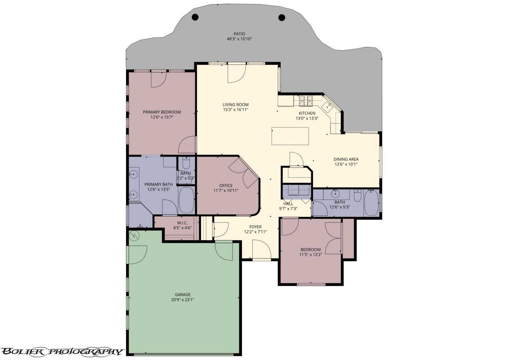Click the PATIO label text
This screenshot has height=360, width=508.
[x=239, y=34]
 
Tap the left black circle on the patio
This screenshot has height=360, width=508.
[x=196, y=17]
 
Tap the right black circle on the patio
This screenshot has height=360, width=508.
[x=282, y=17]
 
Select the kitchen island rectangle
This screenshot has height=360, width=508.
[x=290, y=136]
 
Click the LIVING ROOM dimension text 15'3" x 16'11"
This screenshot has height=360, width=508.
[x=235, y=110]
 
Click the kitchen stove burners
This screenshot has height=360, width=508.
[x=306, y=101]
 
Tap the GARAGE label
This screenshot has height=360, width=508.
[x=183, y=295]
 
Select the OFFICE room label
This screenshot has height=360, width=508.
[x=226, y=186]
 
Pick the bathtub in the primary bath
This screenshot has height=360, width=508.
[x=186, y=200]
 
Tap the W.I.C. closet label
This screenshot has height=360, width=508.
[x=182, y=223]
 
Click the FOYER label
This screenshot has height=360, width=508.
[x=255, y=227]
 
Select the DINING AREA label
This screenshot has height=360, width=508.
[x=346, y=159]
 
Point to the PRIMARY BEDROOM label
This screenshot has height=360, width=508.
[x=162, y=112]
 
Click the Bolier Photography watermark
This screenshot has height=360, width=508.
[x=62, y=351]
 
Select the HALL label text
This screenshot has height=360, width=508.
[x=288, y=204]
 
